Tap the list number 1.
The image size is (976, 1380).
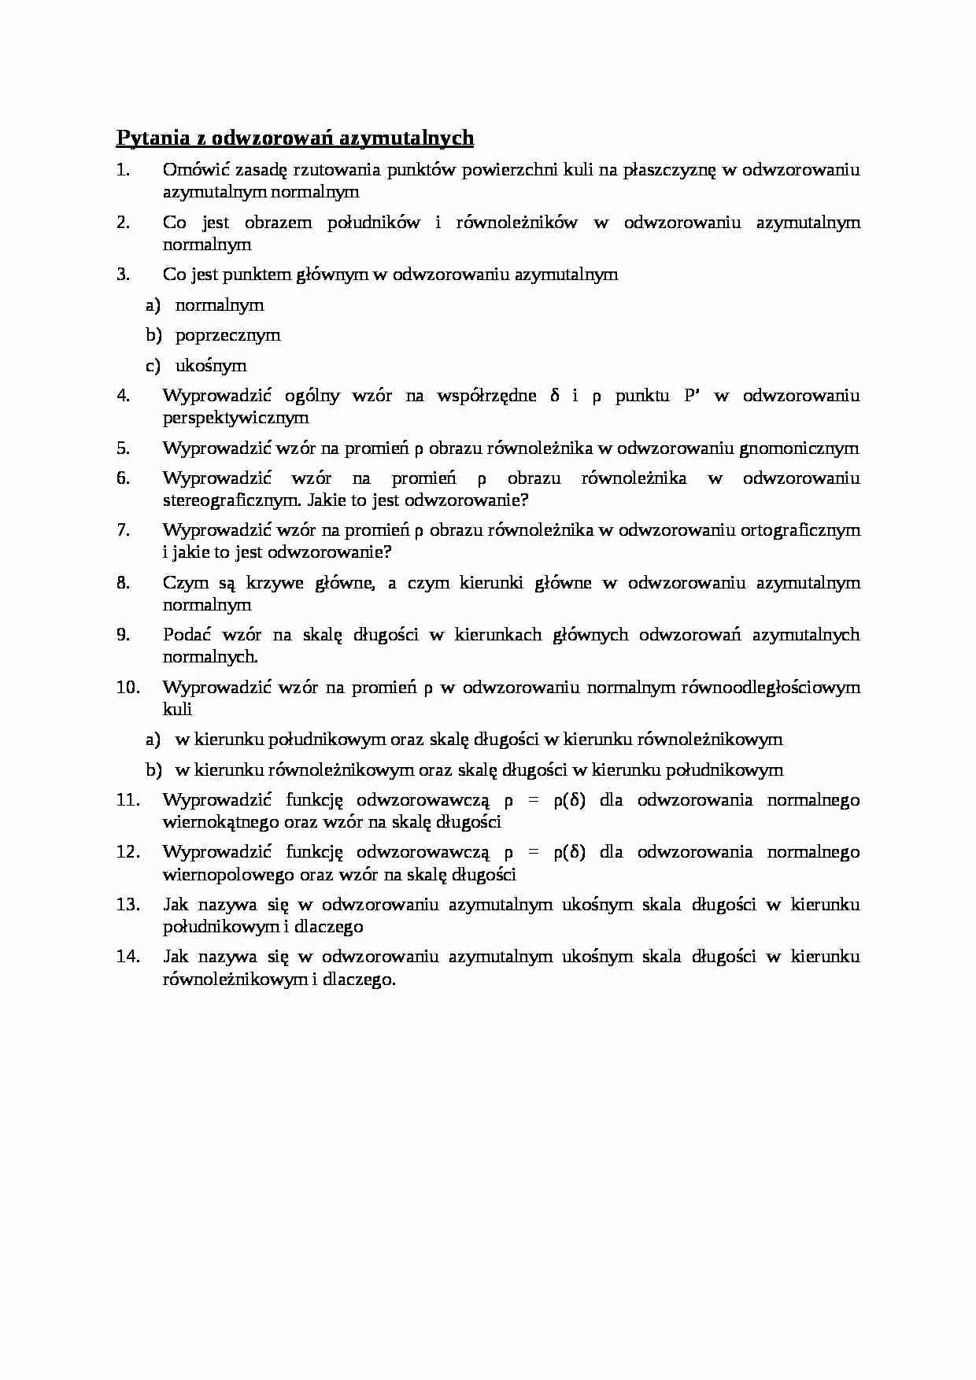[x=122, y=170]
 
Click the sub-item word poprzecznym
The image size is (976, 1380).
[x=227, y=335]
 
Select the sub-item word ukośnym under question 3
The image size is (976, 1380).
[x=210, y=366]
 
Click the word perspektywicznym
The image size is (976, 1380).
[x=235, y=418]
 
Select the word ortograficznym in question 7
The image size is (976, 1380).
[x=800, y=530]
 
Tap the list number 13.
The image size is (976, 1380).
[x=128, y=905]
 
